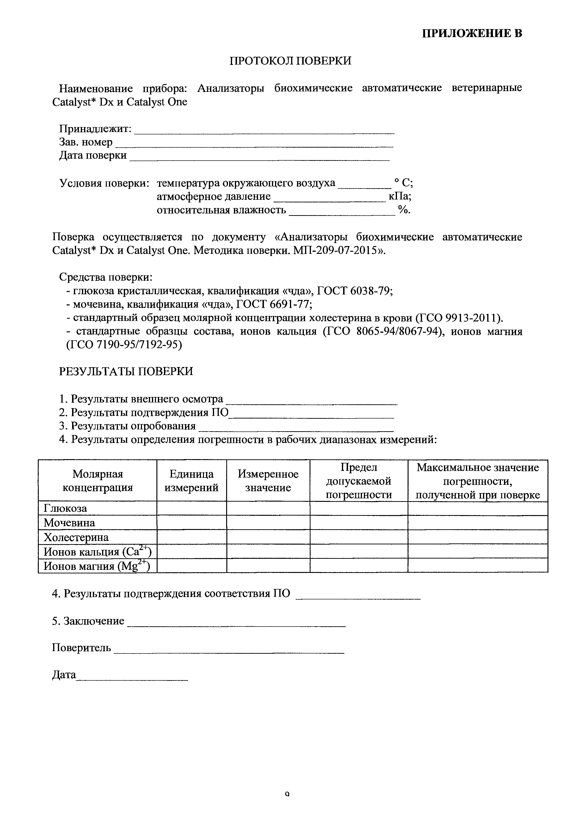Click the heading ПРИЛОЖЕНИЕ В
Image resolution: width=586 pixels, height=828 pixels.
472,34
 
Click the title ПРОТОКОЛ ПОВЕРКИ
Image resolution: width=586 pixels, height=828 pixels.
290,61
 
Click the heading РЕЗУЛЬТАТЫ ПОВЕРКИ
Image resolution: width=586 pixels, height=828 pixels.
126,371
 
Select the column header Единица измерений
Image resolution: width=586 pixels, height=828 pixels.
192,481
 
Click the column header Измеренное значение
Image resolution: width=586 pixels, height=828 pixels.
268,481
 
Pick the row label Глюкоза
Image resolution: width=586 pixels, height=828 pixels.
65,508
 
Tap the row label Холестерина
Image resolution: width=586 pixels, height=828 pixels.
76,537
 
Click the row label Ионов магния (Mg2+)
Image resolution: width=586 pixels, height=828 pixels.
96,566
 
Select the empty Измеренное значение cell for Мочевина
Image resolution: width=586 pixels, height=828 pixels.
268,523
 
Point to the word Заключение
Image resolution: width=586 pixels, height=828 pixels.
94,621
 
